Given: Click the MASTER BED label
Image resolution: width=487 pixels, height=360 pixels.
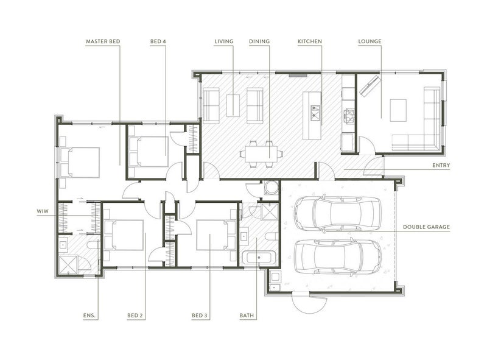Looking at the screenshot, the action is click(x=103, y=41).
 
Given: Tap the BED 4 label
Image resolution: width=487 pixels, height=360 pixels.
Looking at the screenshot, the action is click(x=158, y=41).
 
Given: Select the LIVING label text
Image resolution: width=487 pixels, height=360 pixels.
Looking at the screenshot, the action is click(x=224, y=41).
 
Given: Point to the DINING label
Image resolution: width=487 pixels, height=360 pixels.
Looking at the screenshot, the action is click(x=259, y=41).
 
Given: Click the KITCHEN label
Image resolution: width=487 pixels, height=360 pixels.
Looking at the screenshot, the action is click(x=310, y=41).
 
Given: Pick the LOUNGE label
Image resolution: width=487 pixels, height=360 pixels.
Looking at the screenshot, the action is click(x=370, y=41).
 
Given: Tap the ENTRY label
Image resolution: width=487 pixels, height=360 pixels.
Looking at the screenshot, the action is click(x=441, y=166).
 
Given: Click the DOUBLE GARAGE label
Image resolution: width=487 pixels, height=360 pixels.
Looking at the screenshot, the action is click(x=427, y=227).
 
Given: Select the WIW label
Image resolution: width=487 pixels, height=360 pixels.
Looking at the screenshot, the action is click(x=43, y=211).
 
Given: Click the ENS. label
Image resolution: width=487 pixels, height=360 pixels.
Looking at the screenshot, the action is click(x=91, y=316).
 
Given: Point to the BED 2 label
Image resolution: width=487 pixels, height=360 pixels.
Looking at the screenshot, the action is click(x=135, y=316).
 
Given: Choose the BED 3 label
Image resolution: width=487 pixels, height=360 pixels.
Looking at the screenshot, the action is click(x=200, y=316).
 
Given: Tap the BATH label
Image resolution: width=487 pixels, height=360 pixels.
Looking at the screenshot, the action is click(x=247, y=316).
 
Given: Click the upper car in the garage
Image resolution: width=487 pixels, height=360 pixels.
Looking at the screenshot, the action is click(x=338, y=213).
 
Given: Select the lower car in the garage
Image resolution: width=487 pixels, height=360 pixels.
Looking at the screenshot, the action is click(x=338, y=256).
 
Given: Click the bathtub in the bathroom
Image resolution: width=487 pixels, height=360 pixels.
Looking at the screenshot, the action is click(x=258, y=258).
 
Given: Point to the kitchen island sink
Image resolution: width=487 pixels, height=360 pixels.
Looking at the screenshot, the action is click(x=315, y=113).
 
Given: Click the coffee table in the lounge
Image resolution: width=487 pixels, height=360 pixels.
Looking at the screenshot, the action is click(x=398, y=110).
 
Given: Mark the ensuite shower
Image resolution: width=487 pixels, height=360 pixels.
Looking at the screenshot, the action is click(x=68, y=265).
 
